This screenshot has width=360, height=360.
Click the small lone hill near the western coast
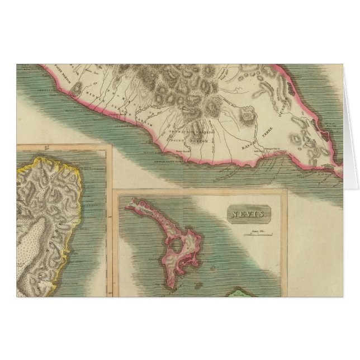[79, 89]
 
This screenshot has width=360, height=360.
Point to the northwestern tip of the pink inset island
[127, 208]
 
